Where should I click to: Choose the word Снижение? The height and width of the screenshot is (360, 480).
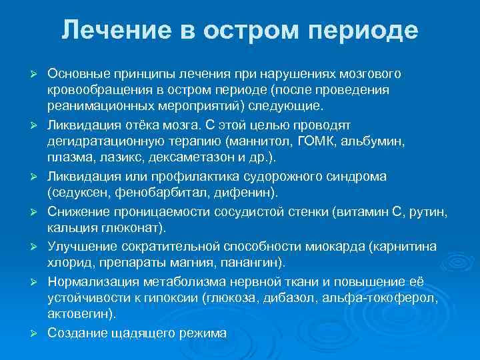[x=77, y=211]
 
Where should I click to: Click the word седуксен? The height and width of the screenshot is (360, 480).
[x=78, y=193]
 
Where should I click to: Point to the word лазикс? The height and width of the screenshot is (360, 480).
[x=125, y=157]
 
